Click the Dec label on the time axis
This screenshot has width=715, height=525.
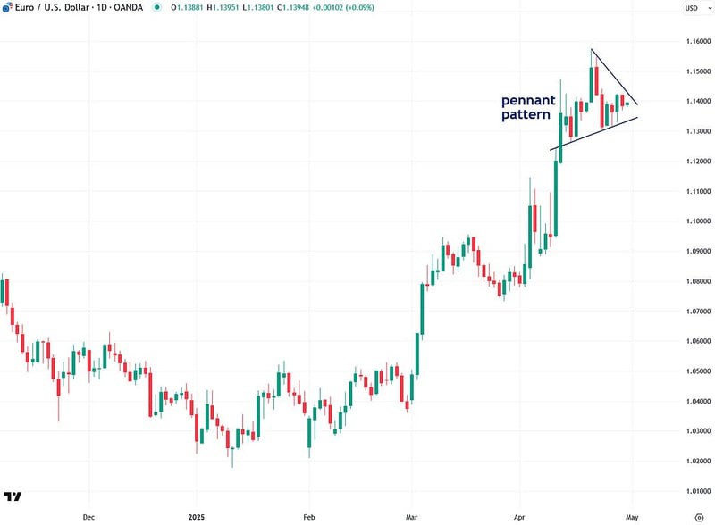tap(88, 516)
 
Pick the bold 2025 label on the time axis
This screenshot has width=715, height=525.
tap(198, 516)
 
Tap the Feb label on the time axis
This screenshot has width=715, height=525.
tap(307, 516)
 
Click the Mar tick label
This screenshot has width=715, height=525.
tap(410, 516)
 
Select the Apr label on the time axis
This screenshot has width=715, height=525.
tap(519, 516)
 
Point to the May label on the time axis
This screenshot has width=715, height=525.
tap(632, 516)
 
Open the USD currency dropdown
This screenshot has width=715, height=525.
tap(691, 8)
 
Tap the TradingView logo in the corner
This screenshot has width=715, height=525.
tap(13, 496)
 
